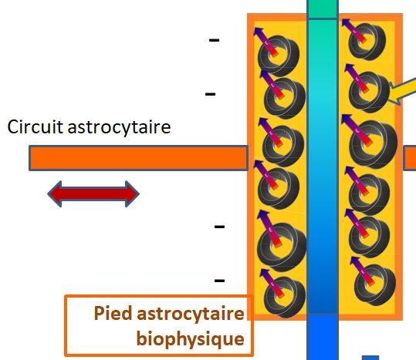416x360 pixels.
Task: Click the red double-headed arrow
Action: tap(93, 194)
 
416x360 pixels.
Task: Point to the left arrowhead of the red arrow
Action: tap(55, 194)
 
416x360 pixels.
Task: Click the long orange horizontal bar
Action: tap(138, 158)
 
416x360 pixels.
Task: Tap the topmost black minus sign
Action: tap(214, 40)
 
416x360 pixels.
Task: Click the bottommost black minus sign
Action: tap(219, 281)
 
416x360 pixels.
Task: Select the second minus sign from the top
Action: tap(210, 94)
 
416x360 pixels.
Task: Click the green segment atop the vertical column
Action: tap(323, 9)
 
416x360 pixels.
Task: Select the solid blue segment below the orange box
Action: tap(323, 337)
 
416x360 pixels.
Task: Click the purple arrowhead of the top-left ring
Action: tap(258, 31)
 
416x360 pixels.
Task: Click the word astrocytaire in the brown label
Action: tap(191, 314)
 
